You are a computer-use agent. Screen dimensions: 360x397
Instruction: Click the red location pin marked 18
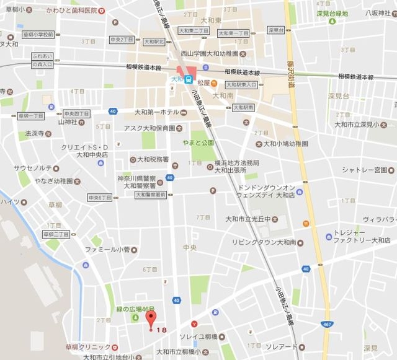click(x=149, y=320)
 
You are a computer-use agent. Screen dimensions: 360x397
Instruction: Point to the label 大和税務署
click(x=149, y=159)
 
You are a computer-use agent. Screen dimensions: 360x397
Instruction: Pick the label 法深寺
click(x=34, y=133)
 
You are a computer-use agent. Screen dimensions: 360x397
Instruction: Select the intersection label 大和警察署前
click(x=151, y=195)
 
